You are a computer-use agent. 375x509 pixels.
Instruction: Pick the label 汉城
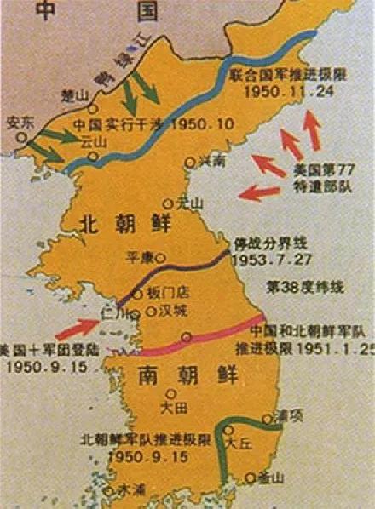click(x=173, y=312)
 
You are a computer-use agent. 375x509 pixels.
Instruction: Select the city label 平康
click(x=139, y=254)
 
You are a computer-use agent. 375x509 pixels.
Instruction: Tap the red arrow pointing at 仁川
click(x=80, y=327)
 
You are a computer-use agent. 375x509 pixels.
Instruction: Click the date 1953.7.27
click(x=265, y=255)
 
